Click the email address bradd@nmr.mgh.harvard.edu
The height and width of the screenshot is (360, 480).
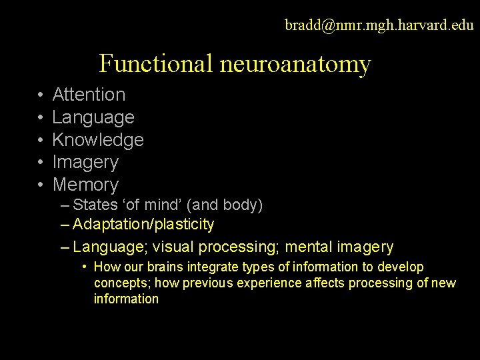coord(379,25)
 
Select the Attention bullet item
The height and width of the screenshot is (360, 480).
coord(89,95)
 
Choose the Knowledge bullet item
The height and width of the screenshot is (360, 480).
coord(98,140)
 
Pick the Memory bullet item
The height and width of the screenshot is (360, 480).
coord(85,185)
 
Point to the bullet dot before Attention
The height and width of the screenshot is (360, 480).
coord(40,95)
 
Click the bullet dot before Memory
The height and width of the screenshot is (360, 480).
coord(40,185)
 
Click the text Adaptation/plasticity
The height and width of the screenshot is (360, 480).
coord(143,225)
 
